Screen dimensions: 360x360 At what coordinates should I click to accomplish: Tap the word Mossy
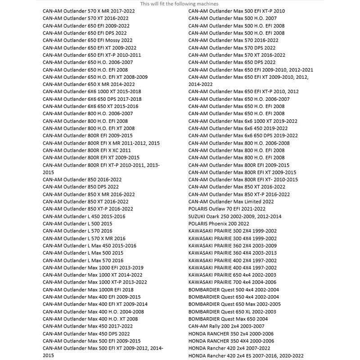(110, 40)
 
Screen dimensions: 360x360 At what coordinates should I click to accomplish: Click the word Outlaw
(218, 209)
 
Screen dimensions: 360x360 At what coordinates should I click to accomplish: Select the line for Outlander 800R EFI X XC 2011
(87, 150)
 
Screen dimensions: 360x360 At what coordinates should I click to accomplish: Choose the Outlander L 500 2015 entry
(77, 224)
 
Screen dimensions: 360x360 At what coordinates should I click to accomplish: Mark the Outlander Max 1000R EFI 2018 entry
(88, 289)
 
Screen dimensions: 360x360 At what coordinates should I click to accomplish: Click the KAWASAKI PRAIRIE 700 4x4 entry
(232, 282)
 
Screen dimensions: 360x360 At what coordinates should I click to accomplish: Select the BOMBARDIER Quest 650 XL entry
(232, 311)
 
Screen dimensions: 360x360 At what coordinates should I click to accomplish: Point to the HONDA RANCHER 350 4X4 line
(231, 341)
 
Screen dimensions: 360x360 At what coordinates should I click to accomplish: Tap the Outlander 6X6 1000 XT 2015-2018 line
(92, 91)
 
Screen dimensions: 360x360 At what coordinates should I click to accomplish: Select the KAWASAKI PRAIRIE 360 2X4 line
(232, 246)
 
